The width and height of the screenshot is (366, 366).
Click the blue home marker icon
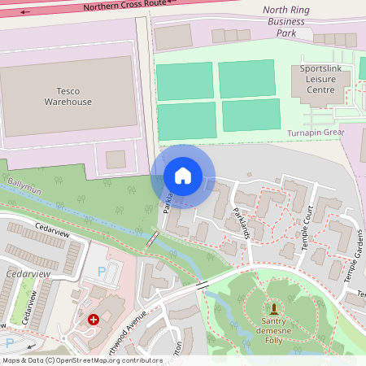pyautogui.click(x=183, y=176)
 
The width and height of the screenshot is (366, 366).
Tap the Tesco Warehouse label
pyautogui.click(x=68, y=96)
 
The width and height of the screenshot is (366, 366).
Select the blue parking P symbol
pyautogui.click(x=102, y=271)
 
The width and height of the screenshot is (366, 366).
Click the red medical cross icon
pyautogui.click(x=94, y=320)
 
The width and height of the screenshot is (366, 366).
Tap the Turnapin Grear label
pyautogui.click(x=316, y=133)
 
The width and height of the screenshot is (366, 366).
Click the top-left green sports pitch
pyautogui.click(x=184, y=81)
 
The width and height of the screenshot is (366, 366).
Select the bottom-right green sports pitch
pyautogui.click(x=251, y=115)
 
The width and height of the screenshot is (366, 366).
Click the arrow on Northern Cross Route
pyautogui.click(x=25, y=12)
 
